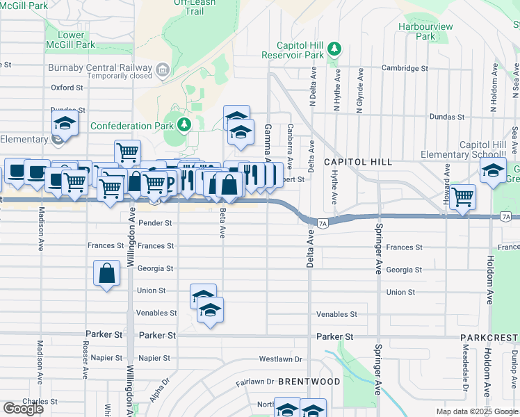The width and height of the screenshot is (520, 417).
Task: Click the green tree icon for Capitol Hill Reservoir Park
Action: [x=335, y=47]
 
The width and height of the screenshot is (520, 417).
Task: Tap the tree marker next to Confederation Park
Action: [x=184, y=125]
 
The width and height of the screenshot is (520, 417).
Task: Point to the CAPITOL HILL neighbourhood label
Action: [x=357, y=162]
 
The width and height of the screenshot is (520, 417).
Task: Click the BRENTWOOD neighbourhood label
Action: [x=309, y=382]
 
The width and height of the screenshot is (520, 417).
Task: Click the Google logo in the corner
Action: [x=23, y=409]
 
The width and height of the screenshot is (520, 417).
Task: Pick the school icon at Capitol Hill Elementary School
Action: [x=493, y=170]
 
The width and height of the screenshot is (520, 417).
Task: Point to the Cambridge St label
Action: [x=405, y=68]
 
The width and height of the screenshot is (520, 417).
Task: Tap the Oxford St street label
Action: [x=67, y=88]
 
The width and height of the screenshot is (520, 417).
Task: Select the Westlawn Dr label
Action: [x=280, y=359]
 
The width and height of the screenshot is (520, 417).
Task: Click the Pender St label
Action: [x=155, y=223]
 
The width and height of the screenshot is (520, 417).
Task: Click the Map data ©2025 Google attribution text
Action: [x=476, y=411]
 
